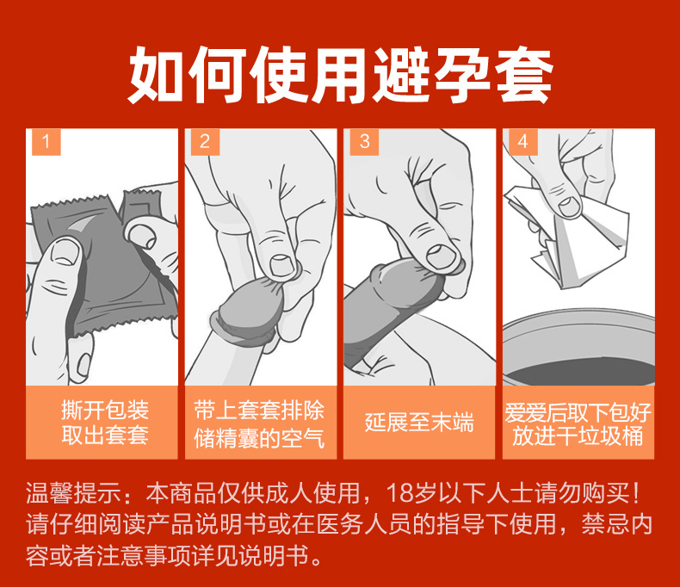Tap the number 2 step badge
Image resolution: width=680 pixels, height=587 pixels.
[x=205, y=142]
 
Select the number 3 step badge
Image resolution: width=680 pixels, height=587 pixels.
[x=364, y=142]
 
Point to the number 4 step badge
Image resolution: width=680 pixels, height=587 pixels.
[x=522, y=142]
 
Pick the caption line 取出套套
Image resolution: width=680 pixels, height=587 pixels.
[x=105, y=436]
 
